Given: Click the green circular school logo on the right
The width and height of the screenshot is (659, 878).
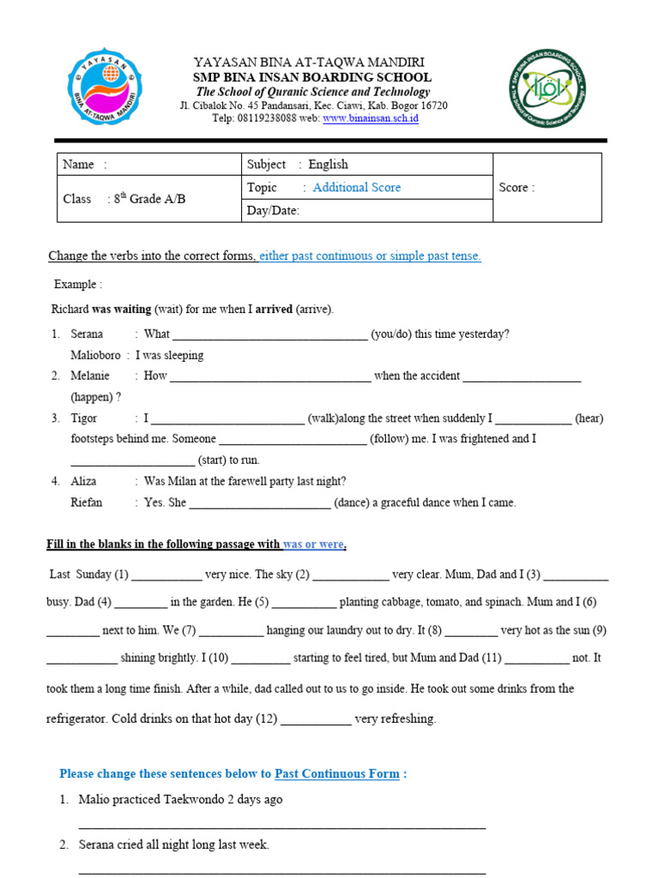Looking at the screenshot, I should (548, 88).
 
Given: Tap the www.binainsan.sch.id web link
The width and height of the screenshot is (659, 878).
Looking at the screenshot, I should (371, 118).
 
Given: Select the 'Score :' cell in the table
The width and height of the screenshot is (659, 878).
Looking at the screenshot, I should (517, 188).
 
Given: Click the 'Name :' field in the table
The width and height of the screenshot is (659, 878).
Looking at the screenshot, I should (86, 165).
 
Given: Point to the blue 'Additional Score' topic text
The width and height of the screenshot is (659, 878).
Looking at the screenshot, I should (356, 188).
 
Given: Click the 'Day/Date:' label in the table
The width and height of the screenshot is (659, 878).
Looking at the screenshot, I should (273, 211).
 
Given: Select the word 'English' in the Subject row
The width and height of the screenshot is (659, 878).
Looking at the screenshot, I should (328, 165).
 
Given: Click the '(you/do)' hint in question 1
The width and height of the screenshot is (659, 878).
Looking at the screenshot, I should (391, 334).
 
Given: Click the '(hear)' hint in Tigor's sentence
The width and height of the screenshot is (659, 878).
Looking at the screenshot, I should (589, 418).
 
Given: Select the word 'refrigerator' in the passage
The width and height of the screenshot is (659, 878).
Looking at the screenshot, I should (76, 719).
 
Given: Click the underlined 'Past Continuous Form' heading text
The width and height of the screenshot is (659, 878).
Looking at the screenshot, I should (336, 773).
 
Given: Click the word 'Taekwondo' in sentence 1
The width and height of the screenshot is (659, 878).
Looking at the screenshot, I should (196, 799).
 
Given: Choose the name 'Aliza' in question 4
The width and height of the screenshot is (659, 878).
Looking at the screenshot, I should (83, 482).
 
